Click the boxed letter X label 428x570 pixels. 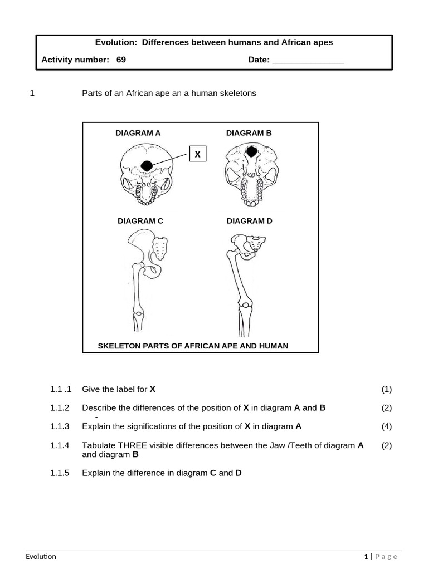198,154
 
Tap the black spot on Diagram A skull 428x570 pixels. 147,165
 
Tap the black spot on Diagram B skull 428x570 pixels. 252,151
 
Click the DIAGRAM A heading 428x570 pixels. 138,133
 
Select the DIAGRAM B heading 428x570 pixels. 249,133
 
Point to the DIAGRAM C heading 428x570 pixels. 140,221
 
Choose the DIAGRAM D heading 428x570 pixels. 249,221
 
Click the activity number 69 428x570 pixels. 121,60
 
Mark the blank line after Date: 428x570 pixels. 308,60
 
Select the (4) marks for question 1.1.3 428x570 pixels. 387,427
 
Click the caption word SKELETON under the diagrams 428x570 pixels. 121,346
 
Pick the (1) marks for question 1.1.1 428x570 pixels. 387,389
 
